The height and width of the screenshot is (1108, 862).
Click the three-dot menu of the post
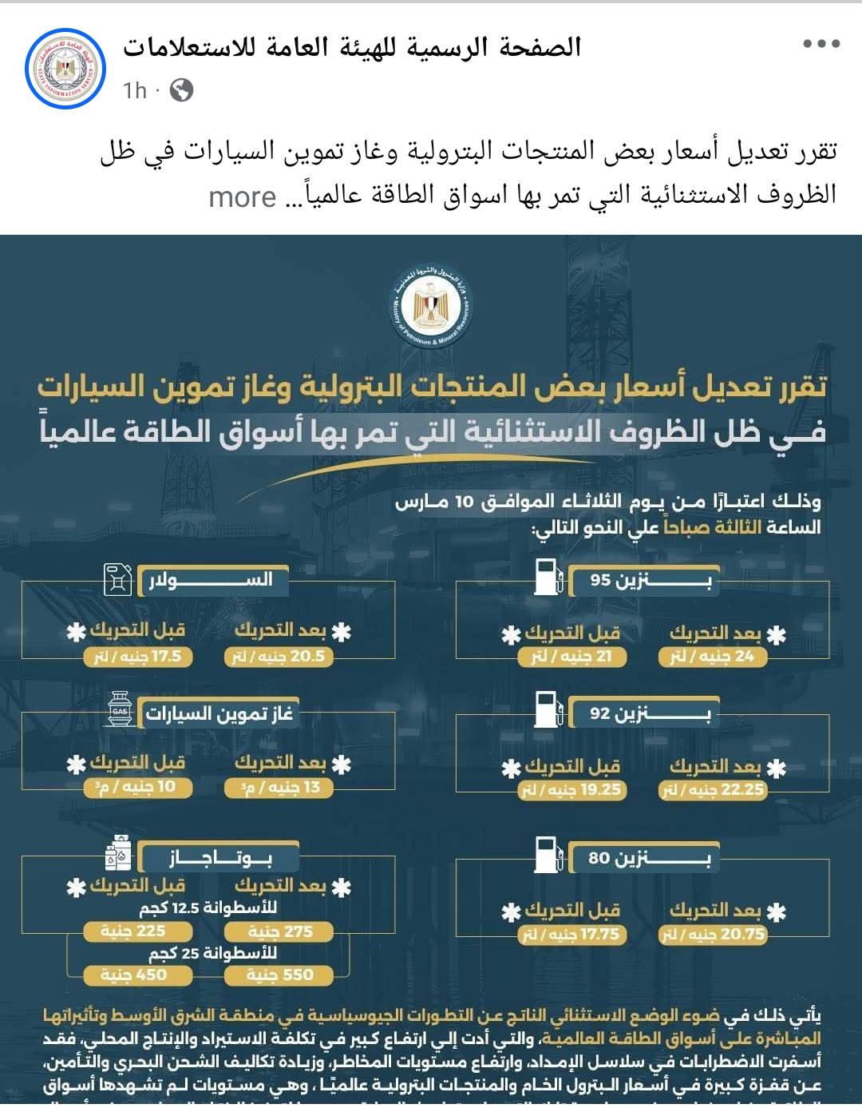click(x=821, y=44)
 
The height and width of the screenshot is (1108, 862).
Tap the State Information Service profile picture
click(x=65, y=69)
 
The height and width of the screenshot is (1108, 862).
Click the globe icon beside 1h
click(x=182, y=90)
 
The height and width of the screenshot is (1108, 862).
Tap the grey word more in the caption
click(x=243, y=197)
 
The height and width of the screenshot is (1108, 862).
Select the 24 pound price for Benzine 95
click(x=713, y=657)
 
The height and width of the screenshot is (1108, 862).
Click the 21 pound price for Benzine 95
click(x=572, y=657)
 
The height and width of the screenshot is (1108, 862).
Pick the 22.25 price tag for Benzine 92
click(x=713, y=790)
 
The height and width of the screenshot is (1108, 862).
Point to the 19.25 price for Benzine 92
click(x=572, y=790)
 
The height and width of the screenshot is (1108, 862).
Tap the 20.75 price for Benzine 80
click(x=713, y=935)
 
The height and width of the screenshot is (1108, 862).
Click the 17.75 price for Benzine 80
click(x=572, y=935)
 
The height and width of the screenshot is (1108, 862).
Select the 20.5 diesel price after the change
click(x=279, y=657)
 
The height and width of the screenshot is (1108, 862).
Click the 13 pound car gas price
click(x=279, y=788)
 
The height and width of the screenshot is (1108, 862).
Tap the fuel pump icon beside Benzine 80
click(x=549, y=856)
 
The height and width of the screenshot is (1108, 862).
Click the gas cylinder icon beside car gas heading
click(x=120, y=709)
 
